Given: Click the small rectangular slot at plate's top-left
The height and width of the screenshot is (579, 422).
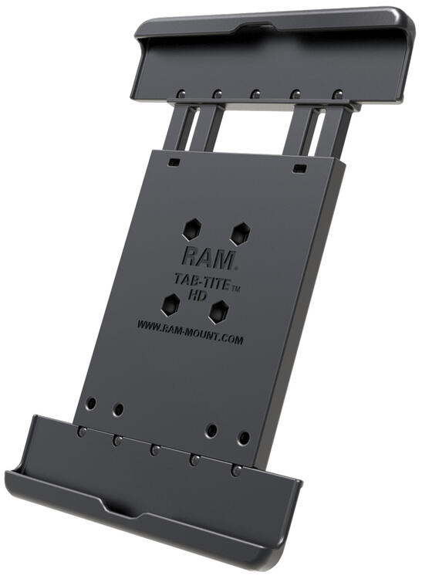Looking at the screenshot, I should click(175, 163).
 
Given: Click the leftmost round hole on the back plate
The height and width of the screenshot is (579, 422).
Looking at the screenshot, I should click(91, 403).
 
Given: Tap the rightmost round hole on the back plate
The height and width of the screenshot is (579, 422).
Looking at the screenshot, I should click(244, 437).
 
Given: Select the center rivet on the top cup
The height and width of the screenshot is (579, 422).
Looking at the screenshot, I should click(255, 94).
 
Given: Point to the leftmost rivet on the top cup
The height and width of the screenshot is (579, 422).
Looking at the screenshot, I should click(179, 93).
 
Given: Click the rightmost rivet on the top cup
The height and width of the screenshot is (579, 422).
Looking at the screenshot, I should click(337, 95).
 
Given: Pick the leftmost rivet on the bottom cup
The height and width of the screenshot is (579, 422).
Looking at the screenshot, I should click(80, 432).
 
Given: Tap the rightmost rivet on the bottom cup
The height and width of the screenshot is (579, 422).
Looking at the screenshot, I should click(236, 469).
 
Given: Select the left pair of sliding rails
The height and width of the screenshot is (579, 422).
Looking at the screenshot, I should click(193, 127).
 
